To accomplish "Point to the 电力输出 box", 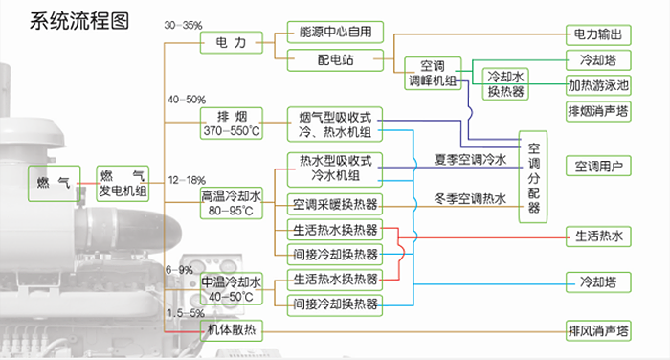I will click(x=598, y=34).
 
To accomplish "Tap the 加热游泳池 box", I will click(x=598, y=84).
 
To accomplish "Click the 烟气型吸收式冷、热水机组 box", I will click(x=335, y=123).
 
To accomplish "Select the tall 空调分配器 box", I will click(x=534, y=176).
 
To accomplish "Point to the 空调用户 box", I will click(x=598, y=167).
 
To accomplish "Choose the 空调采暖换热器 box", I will click(x=335, y=204).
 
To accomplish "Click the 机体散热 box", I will click(x=231, y=329).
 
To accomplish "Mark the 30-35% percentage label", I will click(x=184, y=23).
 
